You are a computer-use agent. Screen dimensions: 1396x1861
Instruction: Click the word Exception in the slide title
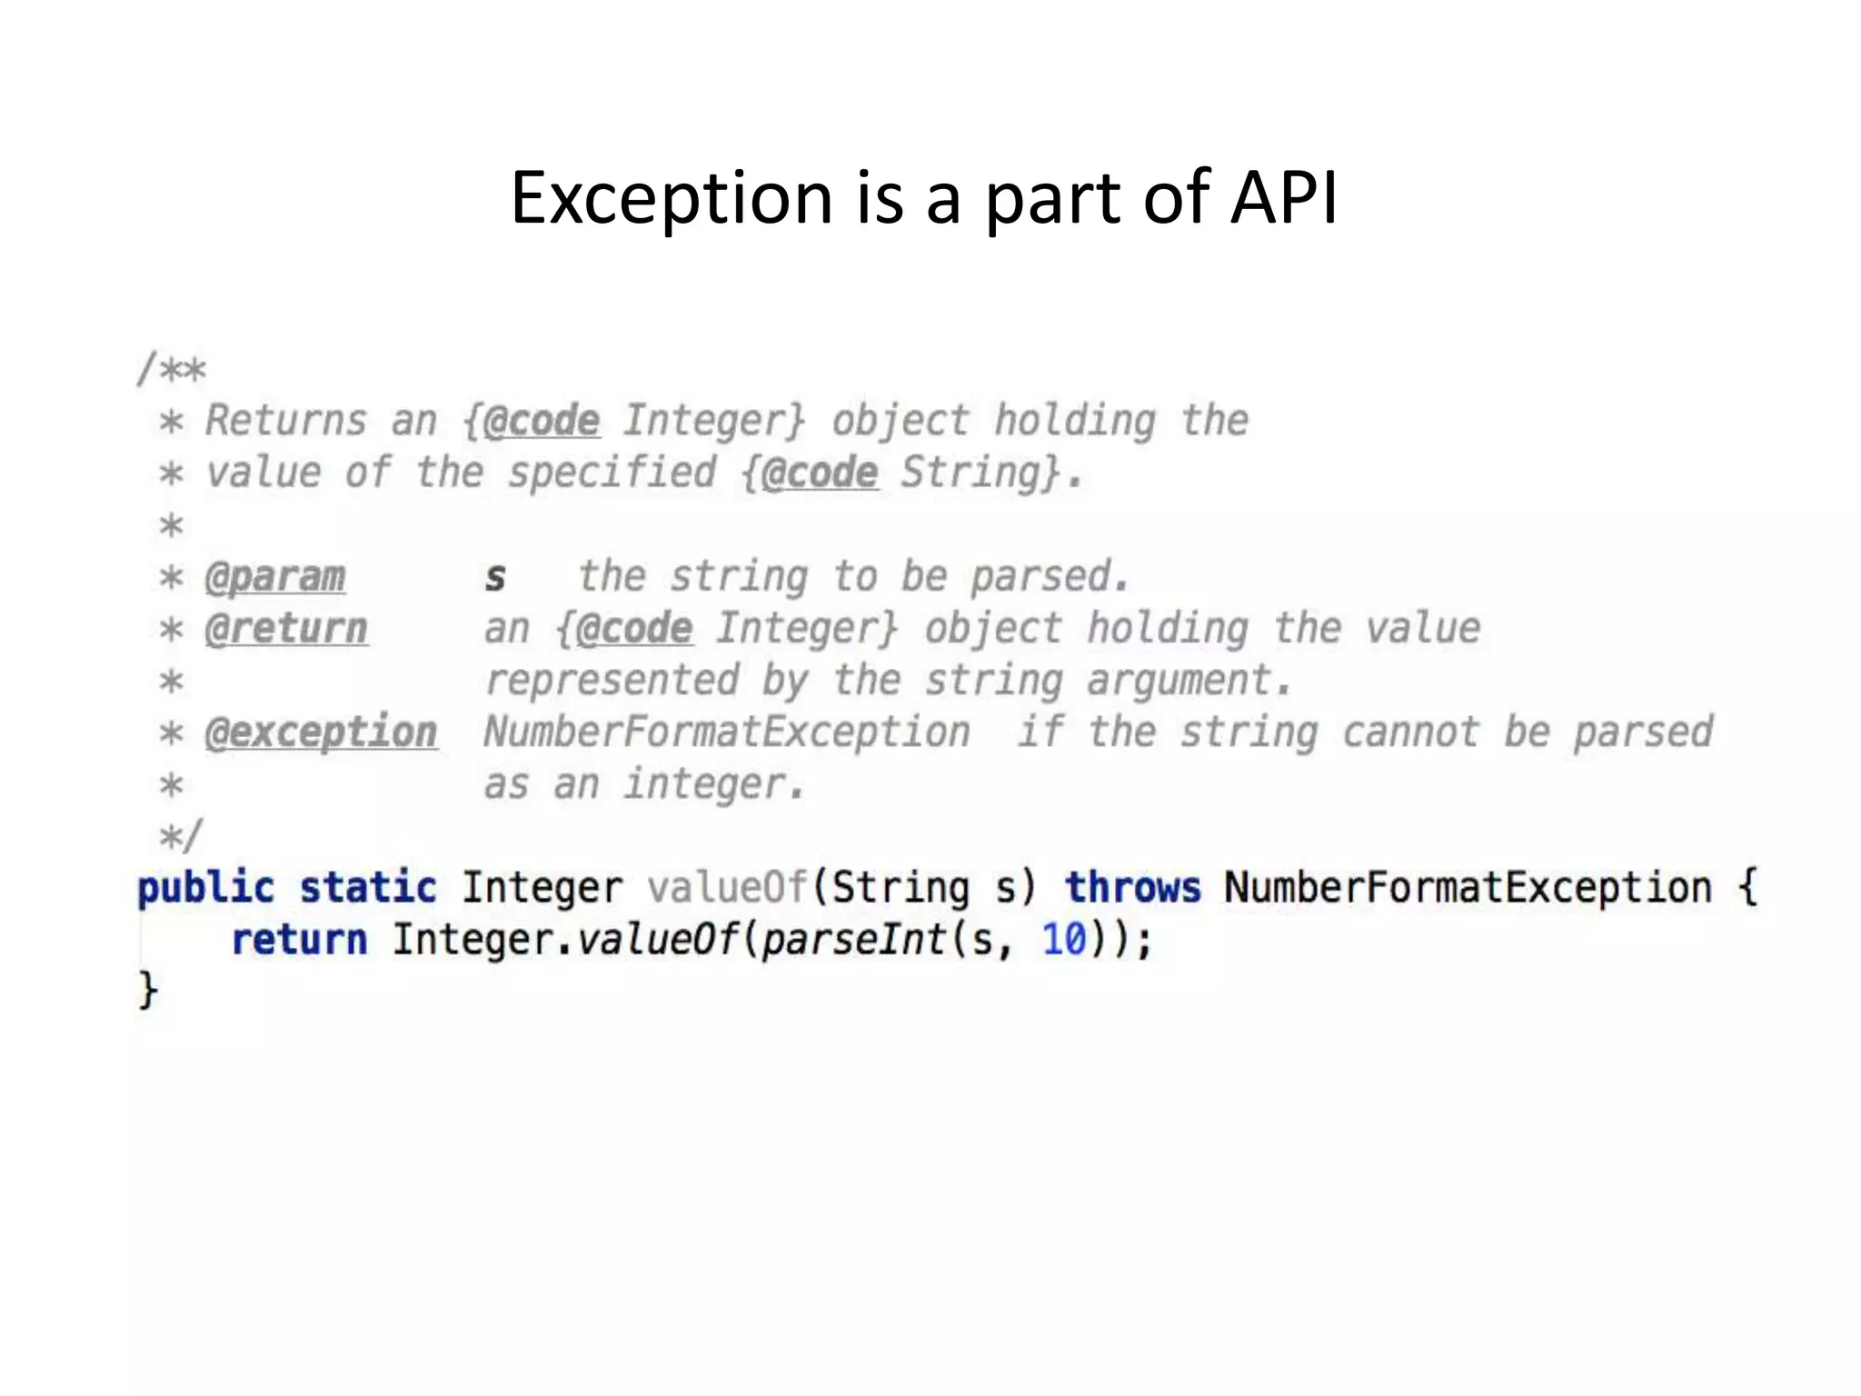671,198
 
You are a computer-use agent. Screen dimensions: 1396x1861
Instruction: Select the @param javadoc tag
274,577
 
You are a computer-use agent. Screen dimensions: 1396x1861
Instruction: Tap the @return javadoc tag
286,629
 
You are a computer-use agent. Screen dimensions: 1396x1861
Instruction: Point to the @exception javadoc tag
321,733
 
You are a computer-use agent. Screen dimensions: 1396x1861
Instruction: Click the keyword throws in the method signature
1132,887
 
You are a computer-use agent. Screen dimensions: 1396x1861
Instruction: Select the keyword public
205,888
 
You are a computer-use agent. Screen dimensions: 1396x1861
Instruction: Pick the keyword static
368,887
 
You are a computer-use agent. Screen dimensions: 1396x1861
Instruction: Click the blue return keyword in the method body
299,940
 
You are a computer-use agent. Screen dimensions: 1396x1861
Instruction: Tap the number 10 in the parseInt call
1064,940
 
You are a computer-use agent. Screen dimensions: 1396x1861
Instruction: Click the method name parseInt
854,940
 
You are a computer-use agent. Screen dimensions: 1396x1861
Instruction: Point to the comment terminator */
181,835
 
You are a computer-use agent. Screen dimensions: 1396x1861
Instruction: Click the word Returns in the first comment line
285,421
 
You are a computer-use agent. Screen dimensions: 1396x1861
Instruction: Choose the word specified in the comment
612,473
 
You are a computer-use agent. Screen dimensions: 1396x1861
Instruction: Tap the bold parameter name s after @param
495,577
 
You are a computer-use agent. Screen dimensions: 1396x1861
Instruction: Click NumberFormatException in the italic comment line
727,733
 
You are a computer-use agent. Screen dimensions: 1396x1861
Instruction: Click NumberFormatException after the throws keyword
1468,887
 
